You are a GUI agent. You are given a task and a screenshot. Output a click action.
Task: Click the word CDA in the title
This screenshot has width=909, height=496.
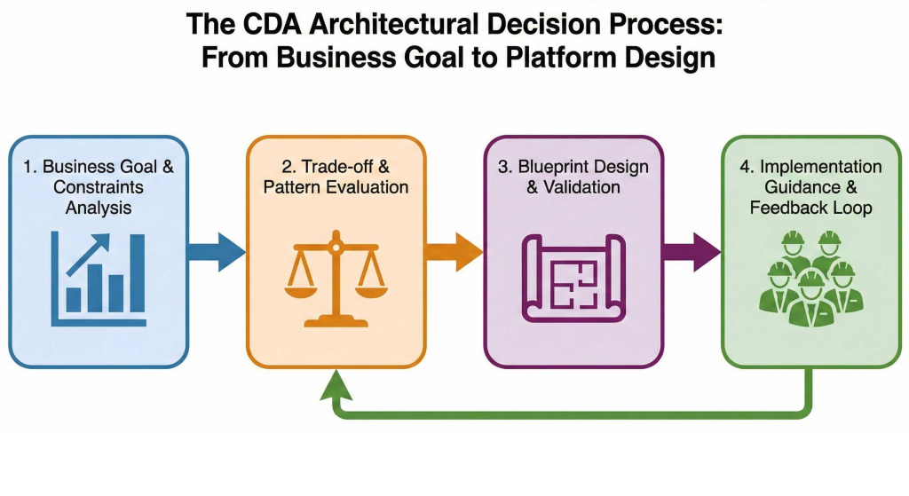tap(283, 24)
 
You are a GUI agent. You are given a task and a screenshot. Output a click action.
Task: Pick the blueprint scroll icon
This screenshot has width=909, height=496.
tap(573, 277)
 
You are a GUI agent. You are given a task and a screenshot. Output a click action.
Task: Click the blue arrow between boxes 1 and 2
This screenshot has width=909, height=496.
tap(216, 252)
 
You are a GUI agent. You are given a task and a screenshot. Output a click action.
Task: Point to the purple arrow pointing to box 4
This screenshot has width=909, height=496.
tap(692, 251)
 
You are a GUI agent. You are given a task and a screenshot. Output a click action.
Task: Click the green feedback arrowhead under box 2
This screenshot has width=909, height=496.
tap(335, 384)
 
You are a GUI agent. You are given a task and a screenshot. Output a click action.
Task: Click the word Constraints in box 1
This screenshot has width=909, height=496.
tap(99, 187)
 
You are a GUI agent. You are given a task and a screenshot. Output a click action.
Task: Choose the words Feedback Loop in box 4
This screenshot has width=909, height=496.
tap(810, 208)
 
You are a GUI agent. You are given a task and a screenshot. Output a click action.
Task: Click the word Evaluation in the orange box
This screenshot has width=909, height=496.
tap(361, 187)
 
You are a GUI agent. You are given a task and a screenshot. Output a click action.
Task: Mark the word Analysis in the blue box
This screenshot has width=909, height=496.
tap(98, 209)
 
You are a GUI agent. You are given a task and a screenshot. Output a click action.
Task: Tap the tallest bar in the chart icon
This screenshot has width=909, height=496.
tap(137, 274)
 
